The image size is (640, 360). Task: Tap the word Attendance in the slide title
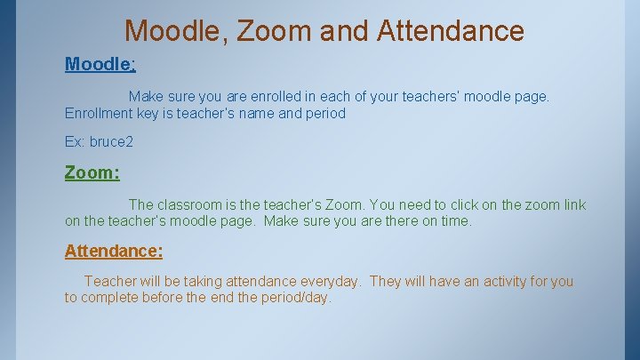(x=451, y=31)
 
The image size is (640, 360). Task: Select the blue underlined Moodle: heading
(x=100, y=64)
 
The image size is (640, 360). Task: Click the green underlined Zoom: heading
(x=92, y=172)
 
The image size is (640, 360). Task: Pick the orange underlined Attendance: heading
(x=114, y=251)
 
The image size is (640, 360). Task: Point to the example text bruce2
(x=111, y=141)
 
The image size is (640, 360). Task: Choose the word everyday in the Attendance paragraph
(x=330, y=282)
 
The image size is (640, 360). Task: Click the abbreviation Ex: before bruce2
(x=75, y=141)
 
